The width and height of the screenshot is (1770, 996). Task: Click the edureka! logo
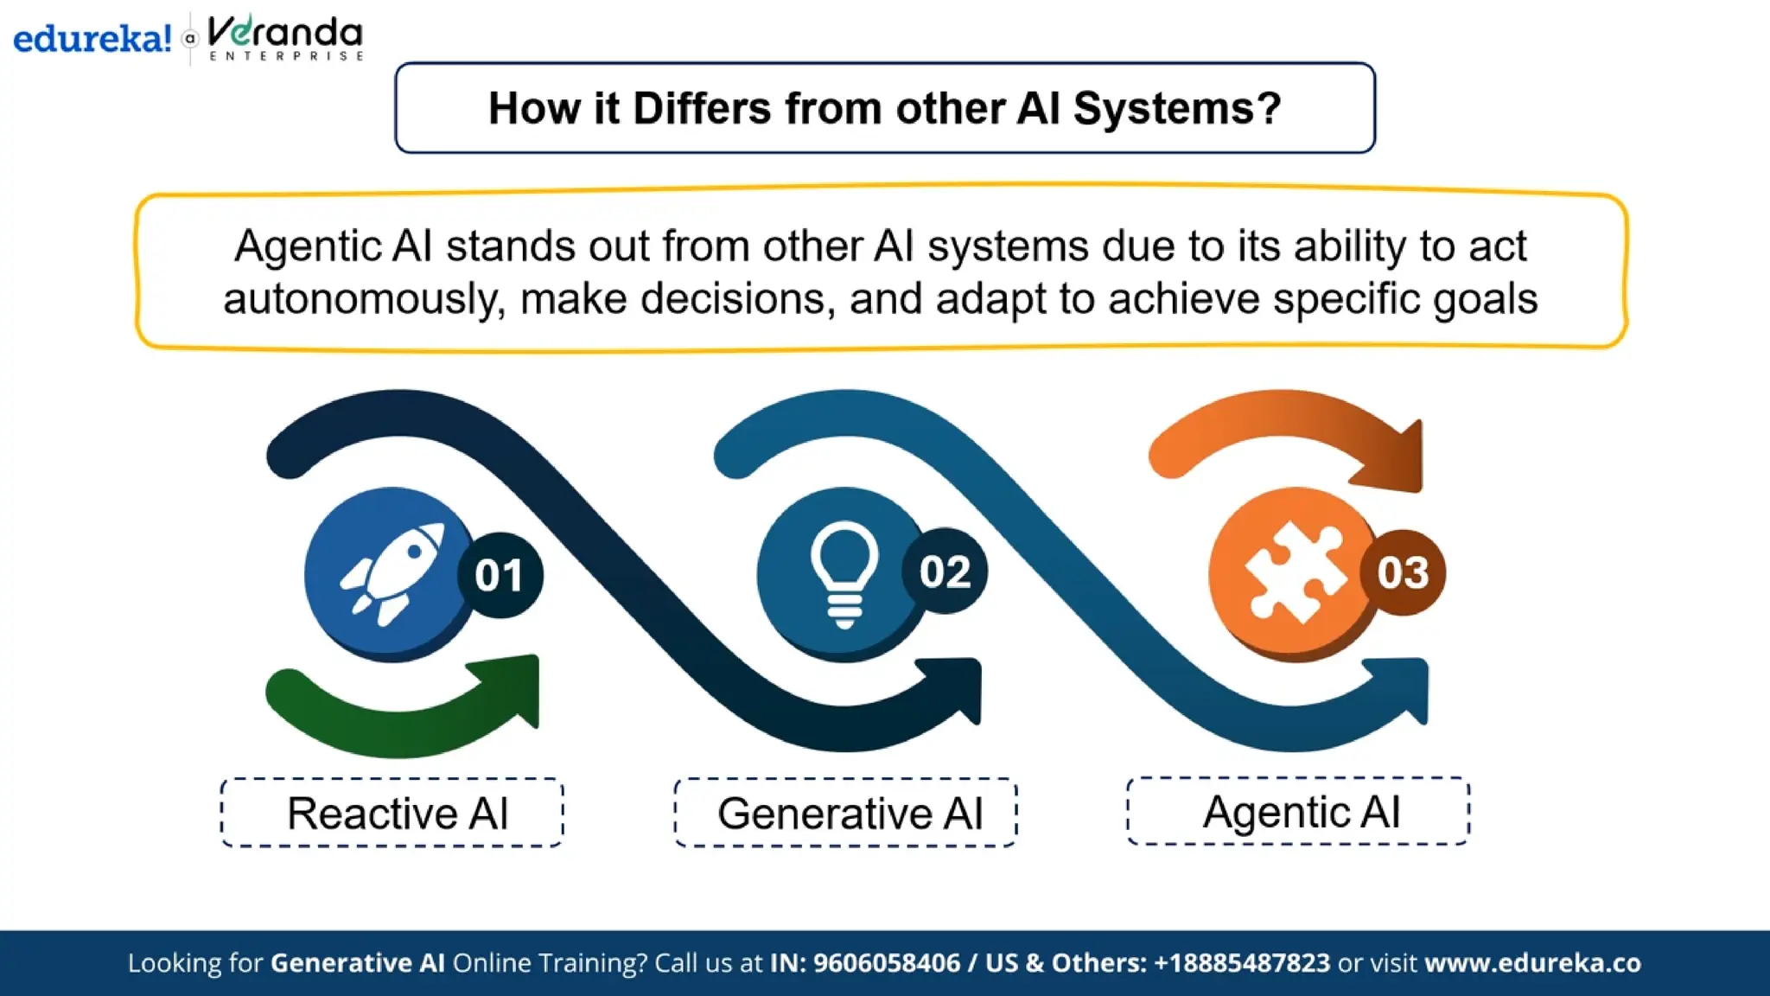tap(92, 39)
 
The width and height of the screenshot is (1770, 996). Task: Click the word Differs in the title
tap(702, 109)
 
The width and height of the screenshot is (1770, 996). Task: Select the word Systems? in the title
tap(1177, 109)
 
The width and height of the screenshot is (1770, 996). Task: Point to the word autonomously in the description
tap(364, 299)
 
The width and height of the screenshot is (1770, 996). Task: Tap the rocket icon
tap(393, 573)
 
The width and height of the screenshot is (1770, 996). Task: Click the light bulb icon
tap(844, 573)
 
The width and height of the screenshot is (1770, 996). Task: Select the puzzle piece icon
tap(1294, 573)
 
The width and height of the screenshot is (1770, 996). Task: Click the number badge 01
tap(500, 575)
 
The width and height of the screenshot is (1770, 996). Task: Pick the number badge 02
tap(945, 571)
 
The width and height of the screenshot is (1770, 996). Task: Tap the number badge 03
tap(1403, 572)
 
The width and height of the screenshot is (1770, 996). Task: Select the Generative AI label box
tap(846, 813)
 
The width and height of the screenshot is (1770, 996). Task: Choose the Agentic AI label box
tap(1298, 811)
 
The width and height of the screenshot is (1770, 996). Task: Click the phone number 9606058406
tap(887, 963)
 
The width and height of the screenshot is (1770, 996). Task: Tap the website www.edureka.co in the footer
tap(1532, 963)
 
